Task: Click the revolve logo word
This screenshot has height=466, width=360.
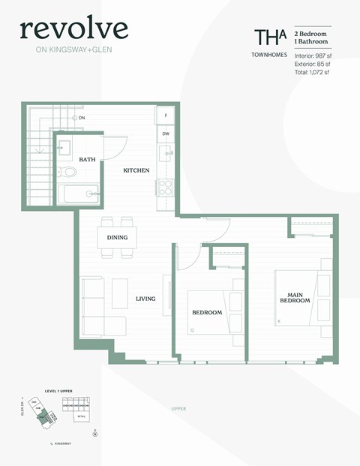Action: click(73, 29)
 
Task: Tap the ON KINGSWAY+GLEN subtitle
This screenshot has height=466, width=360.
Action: click(73, 51)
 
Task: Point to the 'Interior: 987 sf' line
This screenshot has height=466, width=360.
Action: click(312, 56)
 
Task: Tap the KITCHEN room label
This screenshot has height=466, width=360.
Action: click(136, 170)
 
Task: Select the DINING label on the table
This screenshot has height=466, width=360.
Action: click(117, 238)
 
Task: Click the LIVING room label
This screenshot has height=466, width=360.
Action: click(145, 299)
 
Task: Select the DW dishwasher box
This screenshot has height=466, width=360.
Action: click(165, 134)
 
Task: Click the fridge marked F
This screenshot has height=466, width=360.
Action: click(165, 116)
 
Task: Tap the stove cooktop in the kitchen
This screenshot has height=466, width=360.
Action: click(165, 188)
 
